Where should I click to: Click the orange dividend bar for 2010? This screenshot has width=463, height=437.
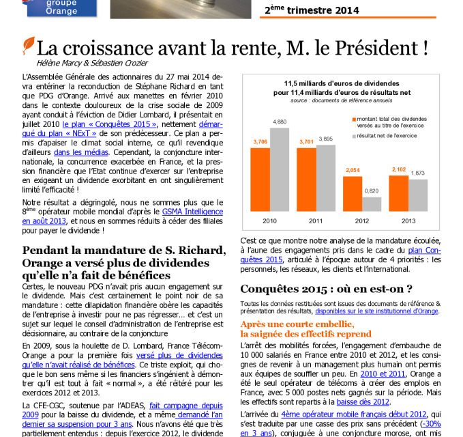260,180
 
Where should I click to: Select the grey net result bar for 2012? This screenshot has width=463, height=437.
372,204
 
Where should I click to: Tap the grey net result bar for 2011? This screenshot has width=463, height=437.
326,178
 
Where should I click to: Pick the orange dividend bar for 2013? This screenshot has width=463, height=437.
399,194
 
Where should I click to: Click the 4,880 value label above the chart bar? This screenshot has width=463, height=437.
280,122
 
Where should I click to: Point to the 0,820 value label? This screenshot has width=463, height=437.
372,191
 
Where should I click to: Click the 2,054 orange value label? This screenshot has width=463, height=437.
353,170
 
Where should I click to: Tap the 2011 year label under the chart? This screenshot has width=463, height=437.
316,221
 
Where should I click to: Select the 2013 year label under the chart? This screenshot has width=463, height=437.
408,221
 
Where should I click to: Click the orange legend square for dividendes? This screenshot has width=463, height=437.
354,119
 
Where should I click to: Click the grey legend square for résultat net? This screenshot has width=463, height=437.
354,137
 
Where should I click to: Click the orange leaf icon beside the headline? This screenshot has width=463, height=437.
29,46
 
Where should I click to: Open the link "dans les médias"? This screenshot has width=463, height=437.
81,152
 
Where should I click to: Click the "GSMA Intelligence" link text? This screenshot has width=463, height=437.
192,212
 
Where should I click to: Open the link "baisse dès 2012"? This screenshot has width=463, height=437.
363,402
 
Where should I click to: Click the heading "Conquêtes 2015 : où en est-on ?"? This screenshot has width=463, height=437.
326,289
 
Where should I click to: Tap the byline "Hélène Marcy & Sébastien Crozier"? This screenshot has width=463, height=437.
92,63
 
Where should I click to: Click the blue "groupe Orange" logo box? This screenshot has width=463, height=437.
62,8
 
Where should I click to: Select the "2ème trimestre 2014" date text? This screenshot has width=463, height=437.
312,10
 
